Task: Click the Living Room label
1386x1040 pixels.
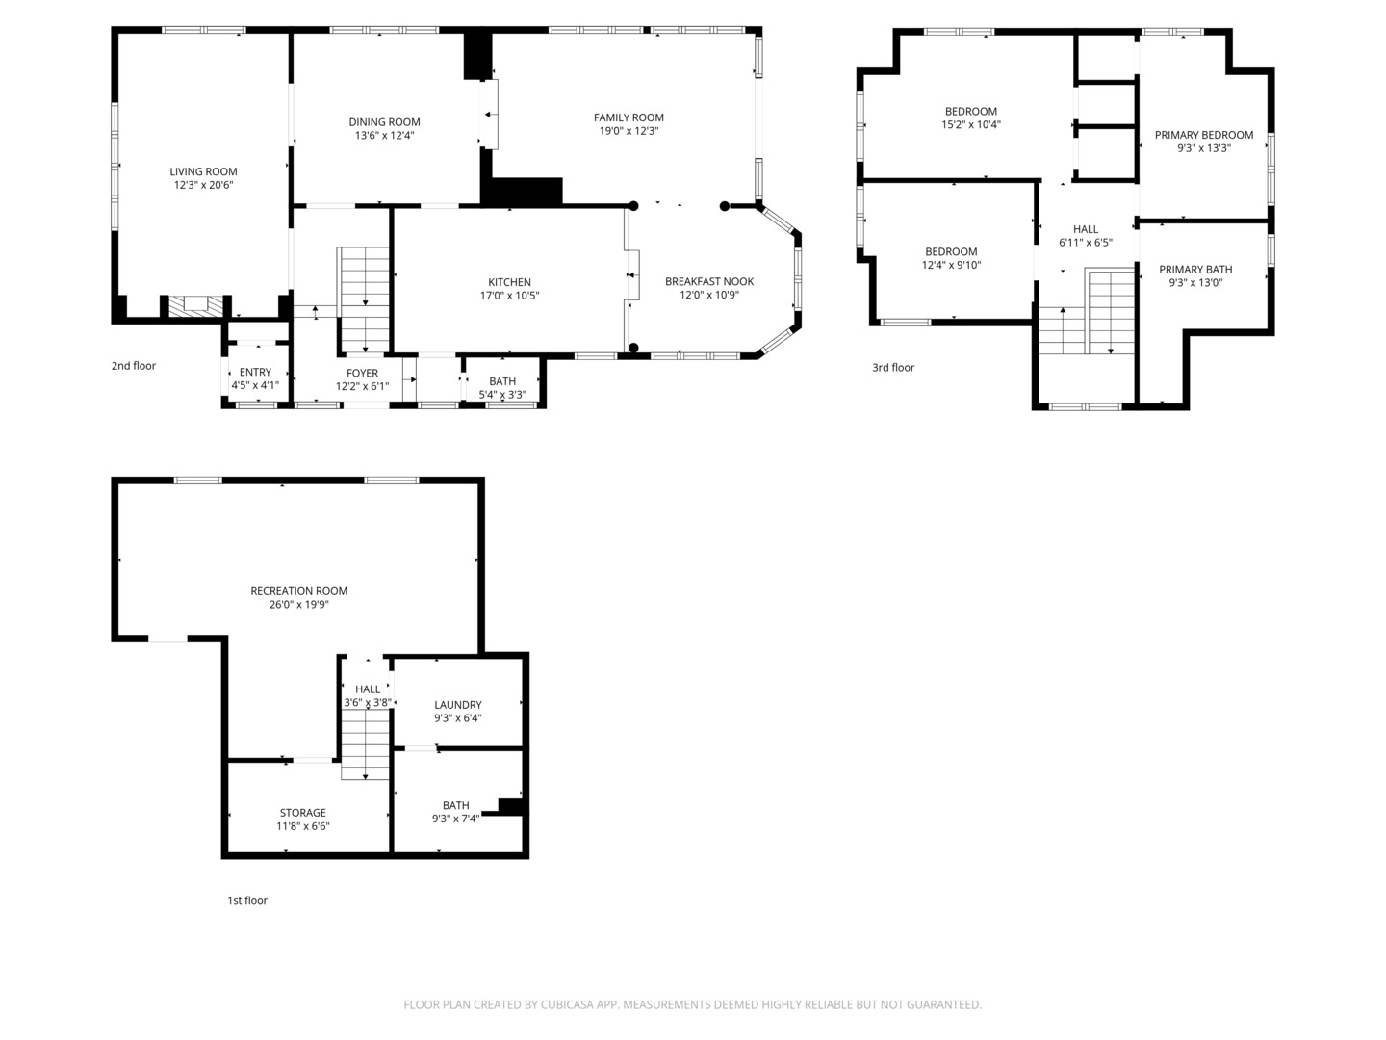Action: (x=203, y=171)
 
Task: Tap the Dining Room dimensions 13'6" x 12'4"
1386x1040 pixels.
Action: (x=384, y=135)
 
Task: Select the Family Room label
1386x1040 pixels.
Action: (x=629, y=117)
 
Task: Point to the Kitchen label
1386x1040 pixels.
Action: (x=509, y=282)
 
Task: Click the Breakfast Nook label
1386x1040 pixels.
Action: (x=709, y=281)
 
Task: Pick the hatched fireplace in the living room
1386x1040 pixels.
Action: (x=195, y=305)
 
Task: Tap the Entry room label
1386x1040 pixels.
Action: (x=255, y=372)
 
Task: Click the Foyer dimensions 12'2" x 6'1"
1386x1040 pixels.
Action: (x=362, y=386)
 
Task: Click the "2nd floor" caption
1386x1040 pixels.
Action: (x=133, y=366)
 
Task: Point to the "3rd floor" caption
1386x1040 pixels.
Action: (x=893, y=368)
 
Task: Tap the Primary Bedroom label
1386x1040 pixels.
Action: (x=1203, y=135)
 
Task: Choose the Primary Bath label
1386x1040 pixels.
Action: (x=1195, y=270)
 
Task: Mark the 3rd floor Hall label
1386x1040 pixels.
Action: (x=1086, y=229)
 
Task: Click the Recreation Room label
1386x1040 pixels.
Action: (x=298, y=591)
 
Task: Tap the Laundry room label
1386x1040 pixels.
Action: (x=458, y=705)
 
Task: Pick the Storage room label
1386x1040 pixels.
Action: (x=303, y=813)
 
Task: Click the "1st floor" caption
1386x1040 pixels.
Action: (x=247, y=900)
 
